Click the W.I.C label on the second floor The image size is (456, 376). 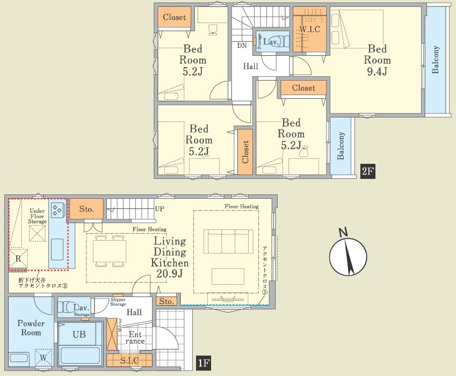pos(310,30)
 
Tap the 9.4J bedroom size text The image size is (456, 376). pos(377,71)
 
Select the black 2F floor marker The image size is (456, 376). pos(367,171)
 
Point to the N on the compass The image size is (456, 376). pos(343,233)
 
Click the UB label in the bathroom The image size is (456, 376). pos(79,335)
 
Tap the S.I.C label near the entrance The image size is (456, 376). pos(129,360)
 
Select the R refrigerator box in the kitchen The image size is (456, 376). pos(18,258)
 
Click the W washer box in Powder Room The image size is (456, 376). pos(44,358)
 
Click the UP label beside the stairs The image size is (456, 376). pos(160,209)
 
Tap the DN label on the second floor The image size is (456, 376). pos(242,45)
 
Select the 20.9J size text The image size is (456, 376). pos(170,273)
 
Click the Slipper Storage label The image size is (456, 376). pos(118,302)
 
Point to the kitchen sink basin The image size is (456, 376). pos(57,250)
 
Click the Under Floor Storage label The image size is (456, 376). pos(37,216)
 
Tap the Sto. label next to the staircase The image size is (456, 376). pos(86,209)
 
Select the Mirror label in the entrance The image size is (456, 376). pos(120,325)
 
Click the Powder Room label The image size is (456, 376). pos(31,328)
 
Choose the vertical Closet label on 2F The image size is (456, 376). pos(245,151)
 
